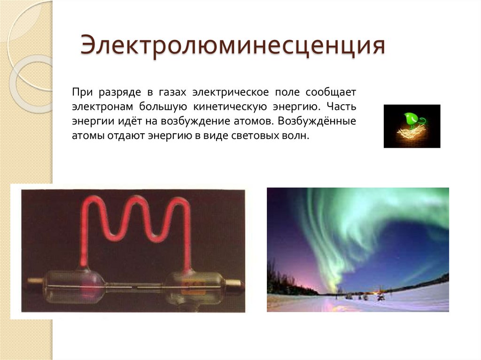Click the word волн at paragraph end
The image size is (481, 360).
coord(297,136)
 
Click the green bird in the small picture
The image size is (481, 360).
coord(412,119)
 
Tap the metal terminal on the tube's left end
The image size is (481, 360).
coord(35,282)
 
